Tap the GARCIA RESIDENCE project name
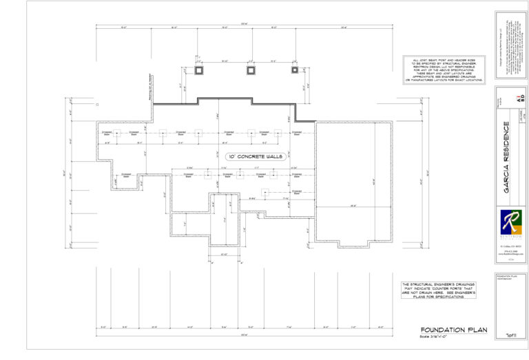[x=506, y=157]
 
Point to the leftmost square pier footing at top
[x=200, y=70]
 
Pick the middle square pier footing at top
[x=250, y=70]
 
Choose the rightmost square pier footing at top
[x=294, y=70]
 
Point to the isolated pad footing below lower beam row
[x=262, y=192]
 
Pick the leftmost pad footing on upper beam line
[x=117, y=133]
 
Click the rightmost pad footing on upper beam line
[x=287, y=133]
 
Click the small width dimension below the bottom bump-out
[x=224, y=255]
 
